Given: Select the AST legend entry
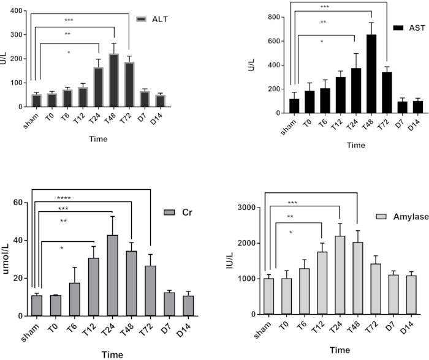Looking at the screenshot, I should (411, 29).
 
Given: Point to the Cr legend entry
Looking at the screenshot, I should (180, 212).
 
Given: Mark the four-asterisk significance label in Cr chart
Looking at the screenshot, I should (64, 198).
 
